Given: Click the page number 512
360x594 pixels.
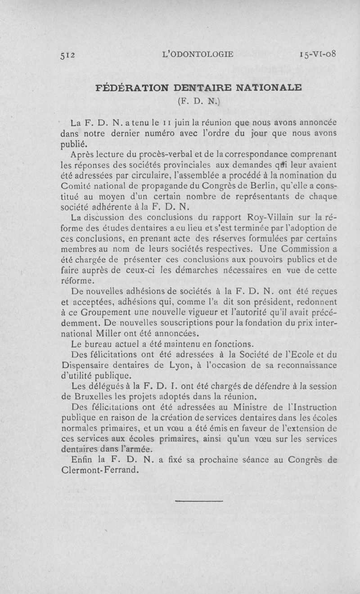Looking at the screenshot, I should click(x=69, y=55).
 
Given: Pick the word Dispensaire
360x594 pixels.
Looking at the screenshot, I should click(x=88, y=365).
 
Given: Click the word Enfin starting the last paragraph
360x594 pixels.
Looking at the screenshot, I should click(x=82, y=460).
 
